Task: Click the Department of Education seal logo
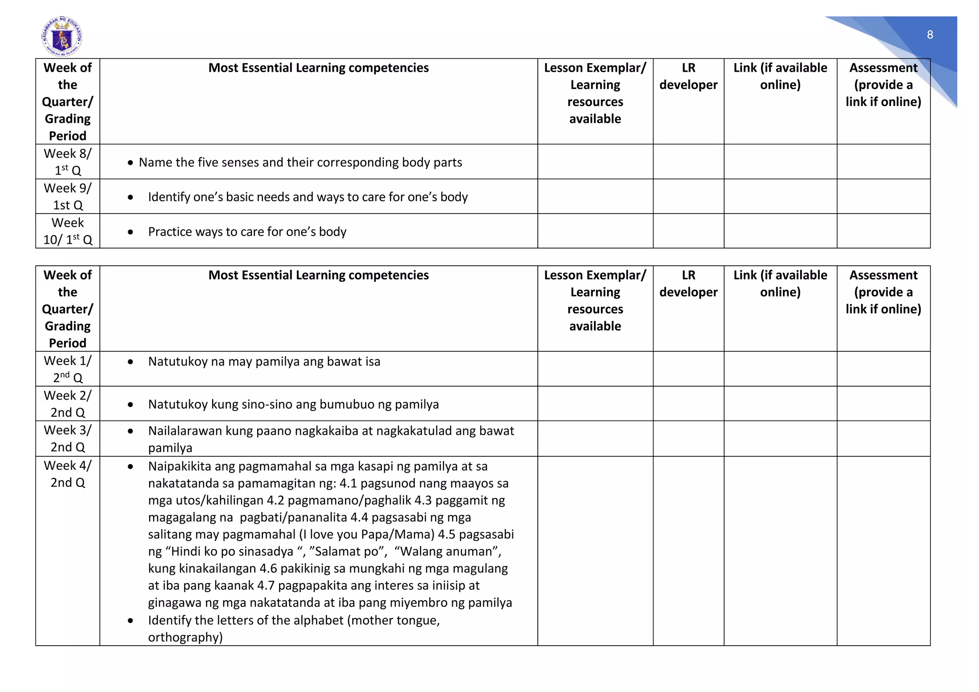62,36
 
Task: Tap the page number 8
930,34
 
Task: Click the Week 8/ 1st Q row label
67,162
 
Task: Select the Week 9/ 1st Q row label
67,196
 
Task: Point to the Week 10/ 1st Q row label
67,231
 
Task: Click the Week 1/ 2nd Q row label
67,369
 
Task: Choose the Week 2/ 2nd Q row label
67,403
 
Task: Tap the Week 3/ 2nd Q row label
67,438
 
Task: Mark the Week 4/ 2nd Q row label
67,474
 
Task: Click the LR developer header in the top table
688,76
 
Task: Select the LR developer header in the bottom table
688,283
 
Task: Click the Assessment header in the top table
883,85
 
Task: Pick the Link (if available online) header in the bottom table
780,283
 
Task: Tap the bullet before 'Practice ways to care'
131,232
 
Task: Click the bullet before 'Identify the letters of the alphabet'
131,621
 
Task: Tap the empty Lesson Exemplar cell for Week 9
595,196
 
